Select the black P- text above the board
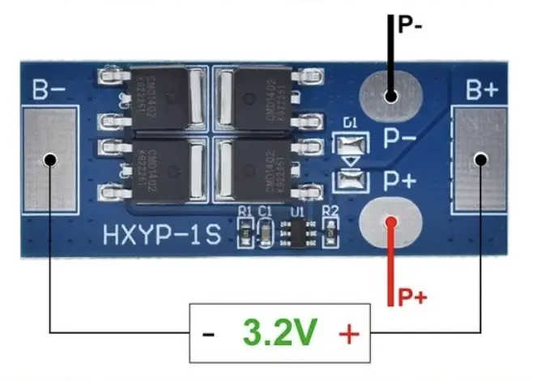[411, 25]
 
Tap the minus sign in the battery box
[209, 333]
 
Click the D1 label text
[350, 124]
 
